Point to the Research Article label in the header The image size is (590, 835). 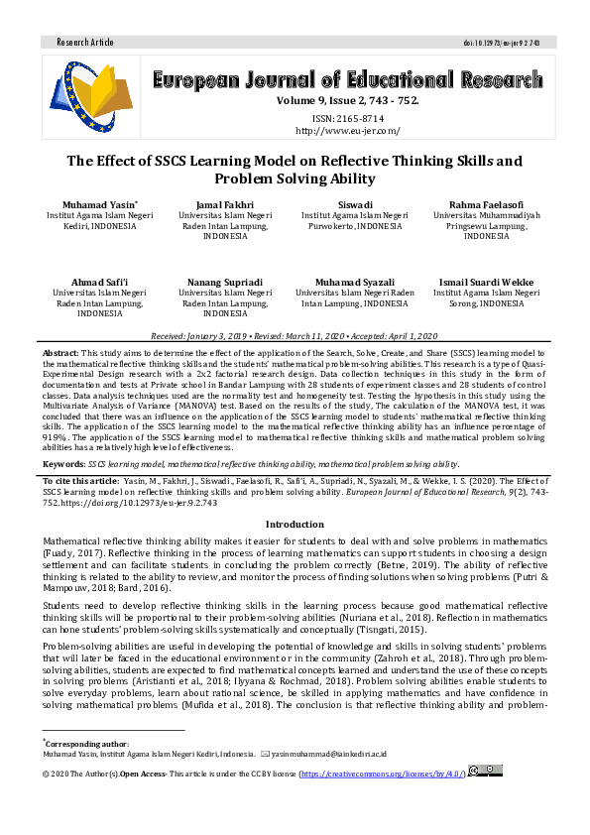(x=85, y=43)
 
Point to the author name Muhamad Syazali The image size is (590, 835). (x=354, y=283)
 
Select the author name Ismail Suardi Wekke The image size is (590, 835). (x=486, y=283)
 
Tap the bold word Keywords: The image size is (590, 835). (x=63, y=463)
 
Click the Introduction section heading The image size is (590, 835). (x=295, y=524)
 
